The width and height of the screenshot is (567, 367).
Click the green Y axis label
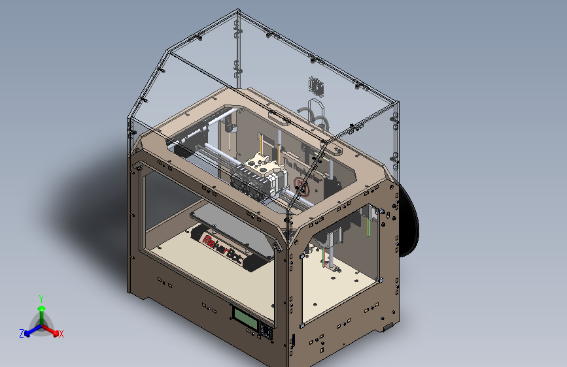pyautogui.click(x=41, y=298)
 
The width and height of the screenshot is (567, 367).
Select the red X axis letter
pyautogui.click(x=61, y=334)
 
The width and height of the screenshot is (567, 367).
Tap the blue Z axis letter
pyautogui.click(x=22, y=333)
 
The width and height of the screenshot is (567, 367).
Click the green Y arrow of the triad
pyautogui.click(x=41, y=312)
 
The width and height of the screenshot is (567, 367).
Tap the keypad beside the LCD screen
pyautogui.click(x=266, y=332)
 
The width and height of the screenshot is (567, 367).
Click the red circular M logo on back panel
pyautogui.click(x=301, y=185)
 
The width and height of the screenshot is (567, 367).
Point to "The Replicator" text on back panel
pyautogui.click(x=313, y=167)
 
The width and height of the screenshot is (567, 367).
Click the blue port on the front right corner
pyautogui.click(x=293, y=340)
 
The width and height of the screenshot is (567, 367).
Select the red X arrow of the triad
pyautogui.click(x=52, y=330)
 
